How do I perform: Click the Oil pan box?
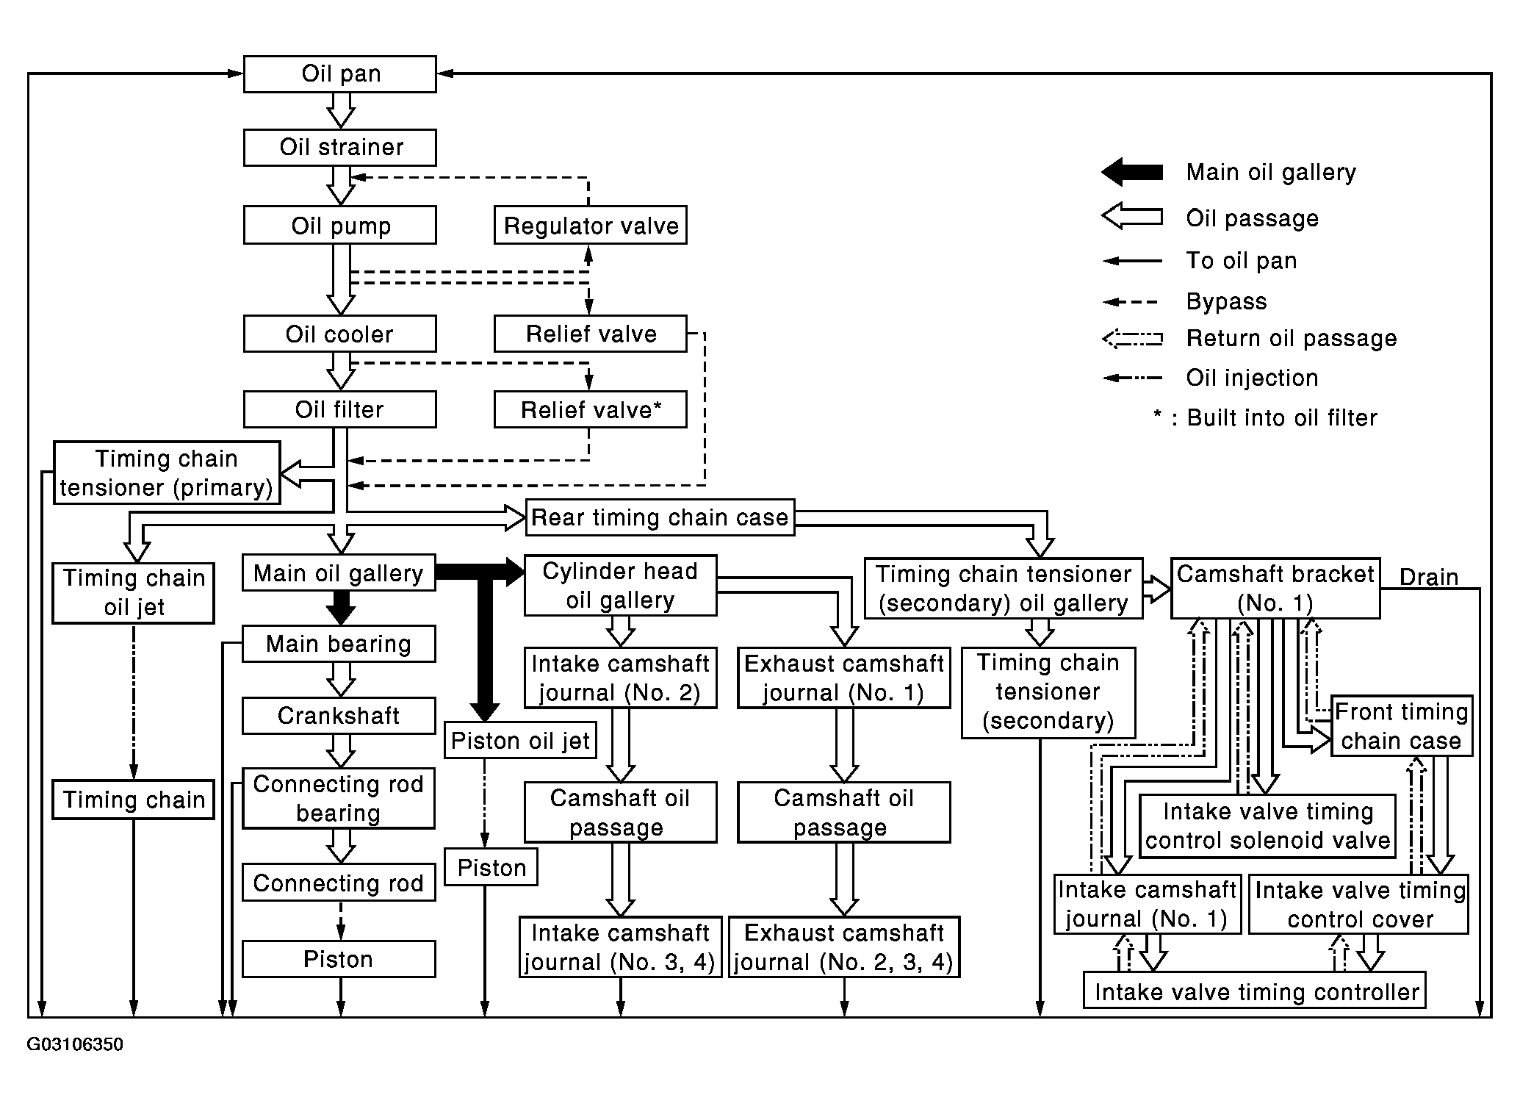339,74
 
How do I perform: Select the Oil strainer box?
339,147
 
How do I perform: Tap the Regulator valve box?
591,225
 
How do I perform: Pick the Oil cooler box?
339,334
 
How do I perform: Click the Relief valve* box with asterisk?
591,409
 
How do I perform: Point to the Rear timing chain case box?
660,517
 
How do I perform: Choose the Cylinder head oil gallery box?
620,585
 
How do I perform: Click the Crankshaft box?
339,716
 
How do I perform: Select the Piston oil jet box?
520,740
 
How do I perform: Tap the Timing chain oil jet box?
133,593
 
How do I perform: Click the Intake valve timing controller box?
1255,991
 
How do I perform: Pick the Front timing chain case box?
1402,725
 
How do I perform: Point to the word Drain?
1429,577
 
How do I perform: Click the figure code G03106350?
75,1044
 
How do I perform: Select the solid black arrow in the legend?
1131,173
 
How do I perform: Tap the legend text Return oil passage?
1292,338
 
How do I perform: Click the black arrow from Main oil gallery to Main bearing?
340,608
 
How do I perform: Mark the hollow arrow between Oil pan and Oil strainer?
341,111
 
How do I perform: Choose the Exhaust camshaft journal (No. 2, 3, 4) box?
844,947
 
